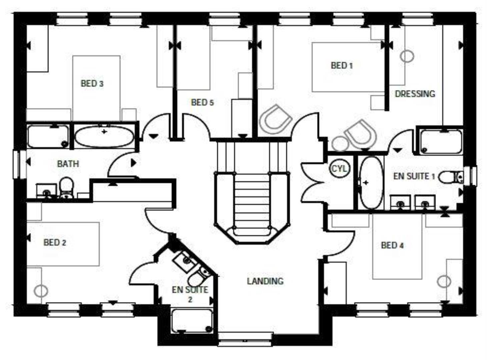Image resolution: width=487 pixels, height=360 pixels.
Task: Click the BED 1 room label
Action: (x=342, y=66)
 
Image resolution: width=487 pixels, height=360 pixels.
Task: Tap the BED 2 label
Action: (x=55, y=242)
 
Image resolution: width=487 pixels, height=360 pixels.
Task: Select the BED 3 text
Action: (x=92, y=83)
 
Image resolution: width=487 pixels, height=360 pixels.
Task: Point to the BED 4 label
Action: (x=392, y=246)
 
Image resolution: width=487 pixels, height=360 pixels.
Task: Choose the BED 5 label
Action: (x=202, y=102)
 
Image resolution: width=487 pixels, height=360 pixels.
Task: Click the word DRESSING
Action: (x=415, y=94)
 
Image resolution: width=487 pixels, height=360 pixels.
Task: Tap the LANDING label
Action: (x=265, y=281)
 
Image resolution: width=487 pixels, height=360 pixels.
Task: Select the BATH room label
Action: (x=68, y=164)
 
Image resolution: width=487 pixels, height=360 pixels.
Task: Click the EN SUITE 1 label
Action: (x=414, y=176)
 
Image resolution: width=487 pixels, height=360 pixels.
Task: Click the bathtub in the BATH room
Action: (x=104, y=136)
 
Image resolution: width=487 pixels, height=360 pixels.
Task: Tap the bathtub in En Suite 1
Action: (x=371, y=182)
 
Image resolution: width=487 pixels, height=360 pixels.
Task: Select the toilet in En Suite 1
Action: (x=450, y=177)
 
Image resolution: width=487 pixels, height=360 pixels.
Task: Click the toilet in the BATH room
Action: (x=66, y=187)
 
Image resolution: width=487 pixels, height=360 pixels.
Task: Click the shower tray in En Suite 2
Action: (x=192, y=321)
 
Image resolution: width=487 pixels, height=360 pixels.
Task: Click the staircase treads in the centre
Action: (x=252, y=200)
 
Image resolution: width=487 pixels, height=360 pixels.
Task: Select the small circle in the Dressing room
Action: (x=407, y=56)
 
